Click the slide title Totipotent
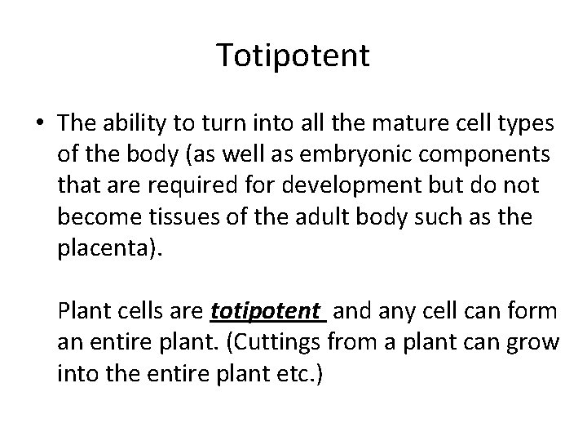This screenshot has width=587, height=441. click(x=293, y=56)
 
